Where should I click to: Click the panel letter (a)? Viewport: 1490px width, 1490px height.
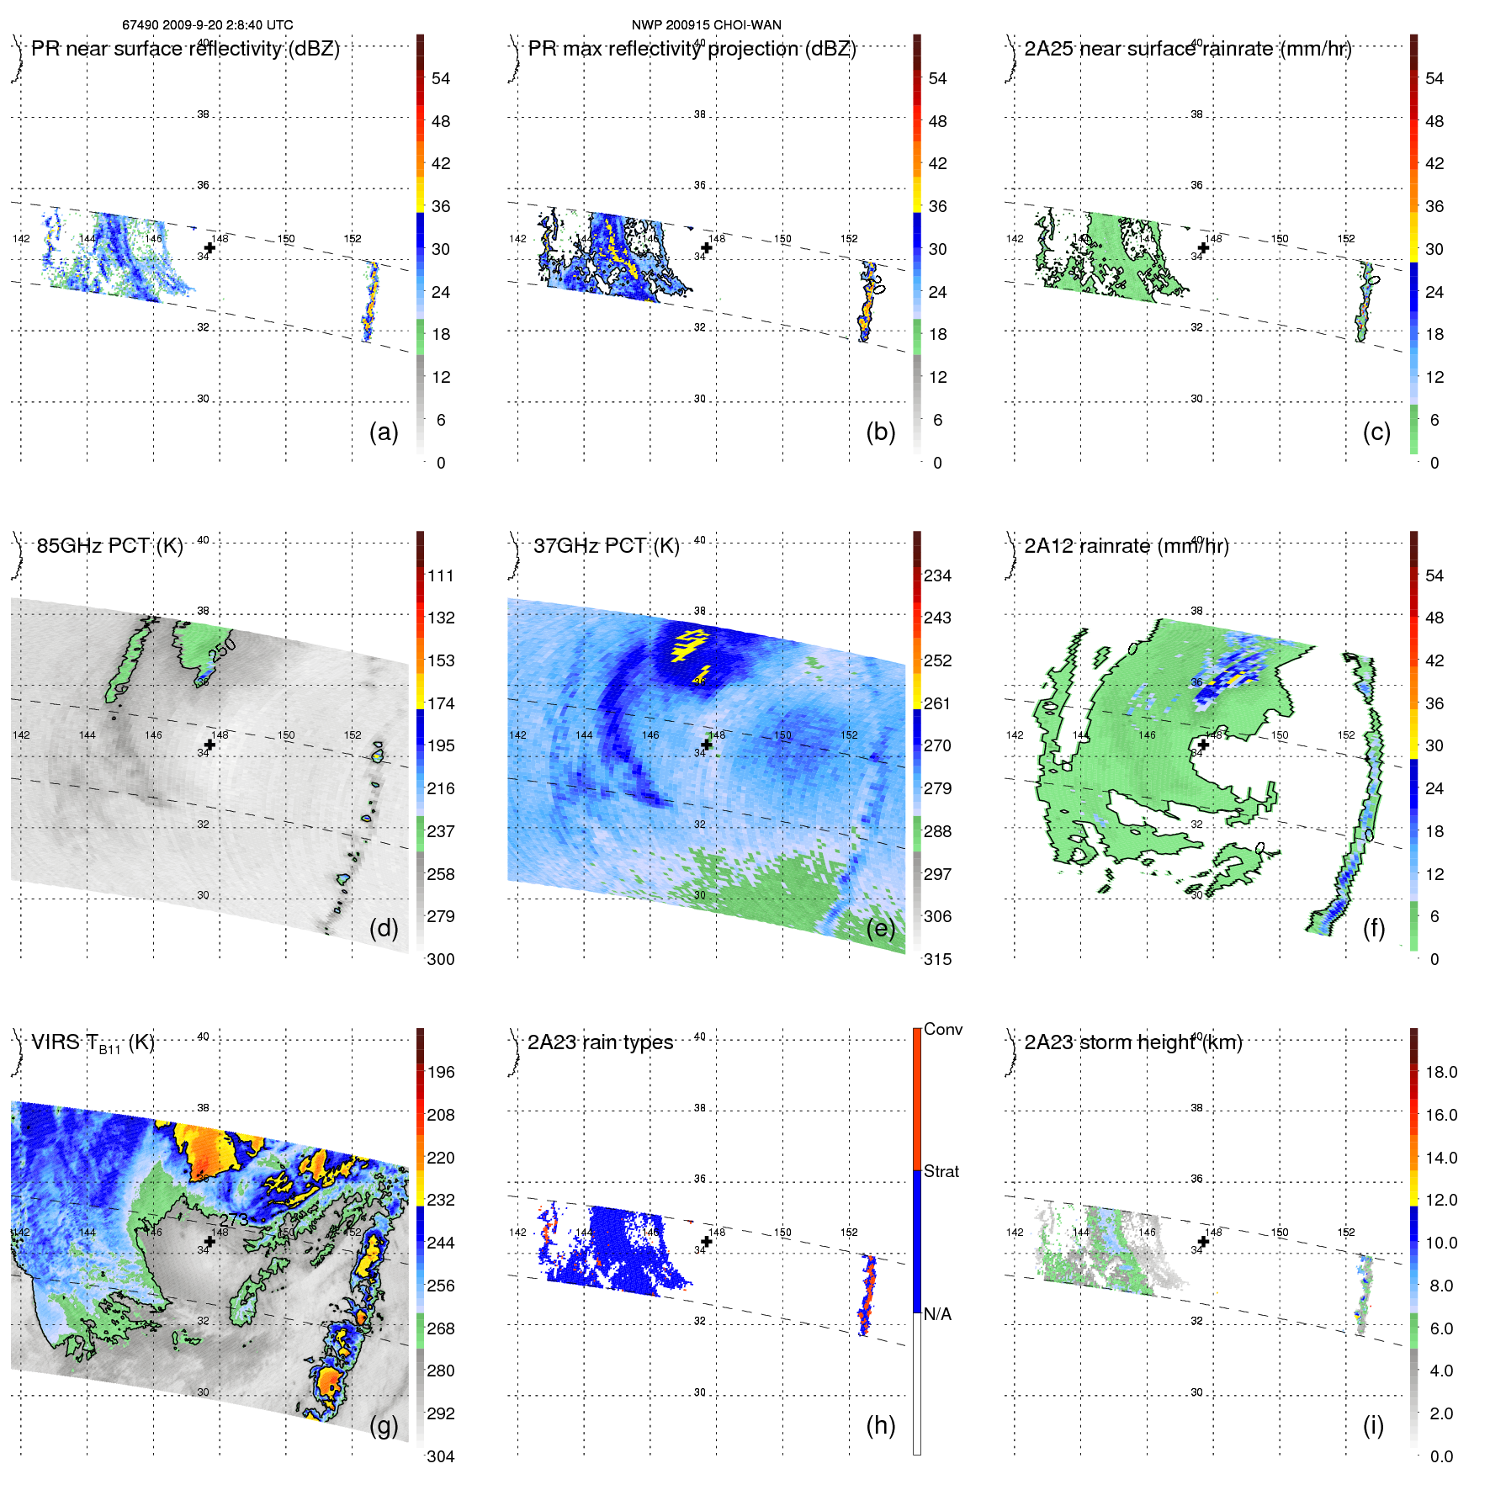384,432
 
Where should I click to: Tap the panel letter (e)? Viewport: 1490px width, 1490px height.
880,929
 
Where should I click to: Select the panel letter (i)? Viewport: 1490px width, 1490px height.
1373,1425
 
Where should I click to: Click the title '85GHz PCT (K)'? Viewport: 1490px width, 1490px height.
109,546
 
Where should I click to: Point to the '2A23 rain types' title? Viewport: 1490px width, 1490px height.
600,1042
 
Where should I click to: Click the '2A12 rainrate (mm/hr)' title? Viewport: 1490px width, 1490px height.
1126,546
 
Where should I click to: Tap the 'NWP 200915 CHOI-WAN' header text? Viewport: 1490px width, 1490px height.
706,25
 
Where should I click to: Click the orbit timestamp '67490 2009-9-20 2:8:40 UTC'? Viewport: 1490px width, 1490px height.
208,25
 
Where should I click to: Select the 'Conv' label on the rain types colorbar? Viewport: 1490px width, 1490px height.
942,1029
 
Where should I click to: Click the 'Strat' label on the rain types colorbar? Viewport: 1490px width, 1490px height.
941,1171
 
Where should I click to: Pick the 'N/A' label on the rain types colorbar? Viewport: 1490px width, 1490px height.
937,1314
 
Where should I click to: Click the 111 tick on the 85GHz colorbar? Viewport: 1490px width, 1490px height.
440,575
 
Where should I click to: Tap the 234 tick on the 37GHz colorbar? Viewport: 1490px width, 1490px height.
937,575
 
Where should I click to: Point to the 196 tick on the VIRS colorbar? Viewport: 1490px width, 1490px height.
440,1072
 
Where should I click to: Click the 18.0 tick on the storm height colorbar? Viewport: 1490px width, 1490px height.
1440,1072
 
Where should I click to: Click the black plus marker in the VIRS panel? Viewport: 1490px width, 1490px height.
209,1241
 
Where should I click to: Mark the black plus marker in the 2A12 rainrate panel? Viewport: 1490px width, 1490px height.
1203,745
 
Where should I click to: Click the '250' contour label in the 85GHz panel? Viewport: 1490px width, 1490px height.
222,650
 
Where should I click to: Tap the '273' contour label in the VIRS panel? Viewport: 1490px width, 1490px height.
234,1219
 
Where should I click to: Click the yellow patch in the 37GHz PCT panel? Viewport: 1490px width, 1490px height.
689,644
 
